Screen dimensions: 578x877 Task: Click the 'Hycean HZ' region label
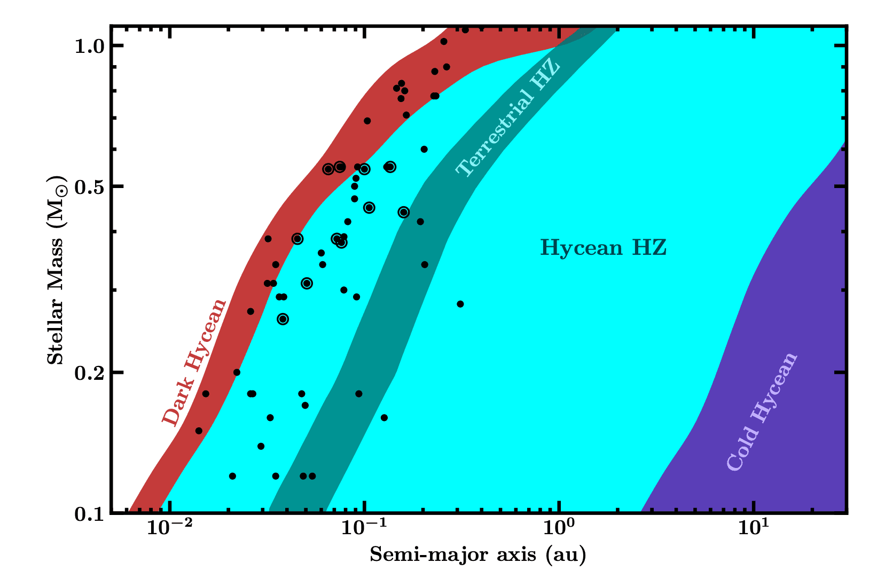click(x=604, y=248)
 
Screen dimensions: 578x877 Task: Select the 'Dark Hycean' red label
click(x=195, y=363)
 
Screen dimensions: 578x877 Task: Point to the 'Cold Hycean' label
click(x=762, y=412)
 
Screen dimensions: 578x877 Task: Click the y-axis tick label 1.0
click(x=90, y=46)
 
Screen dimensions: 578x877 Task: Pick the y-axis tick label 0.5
click(x=90, y=186)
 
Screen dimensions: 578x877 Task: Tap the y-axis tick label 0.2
click(x=90, y=372)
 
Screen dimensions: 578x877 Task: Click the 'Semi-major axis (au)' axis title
click(x=478, y=556)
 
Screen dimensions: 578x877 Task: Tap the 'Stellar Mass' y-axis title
click(x=57, y=270)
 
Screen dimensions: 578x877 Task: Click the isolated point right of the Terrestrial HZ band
click(x=460, y=304)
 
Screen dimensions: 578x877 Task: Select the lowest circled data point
click(x=283, y=319)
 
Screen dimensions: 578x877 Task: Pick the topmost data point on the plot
click(x=465, y=30)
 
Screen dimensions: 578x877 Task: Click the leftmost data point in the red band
click(x=199, y=431)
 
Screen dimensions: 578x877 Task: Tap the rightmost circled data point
click(x=404, y=212)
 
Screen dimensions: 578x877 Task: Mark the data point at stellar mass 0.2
click(x=237, y=372)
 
